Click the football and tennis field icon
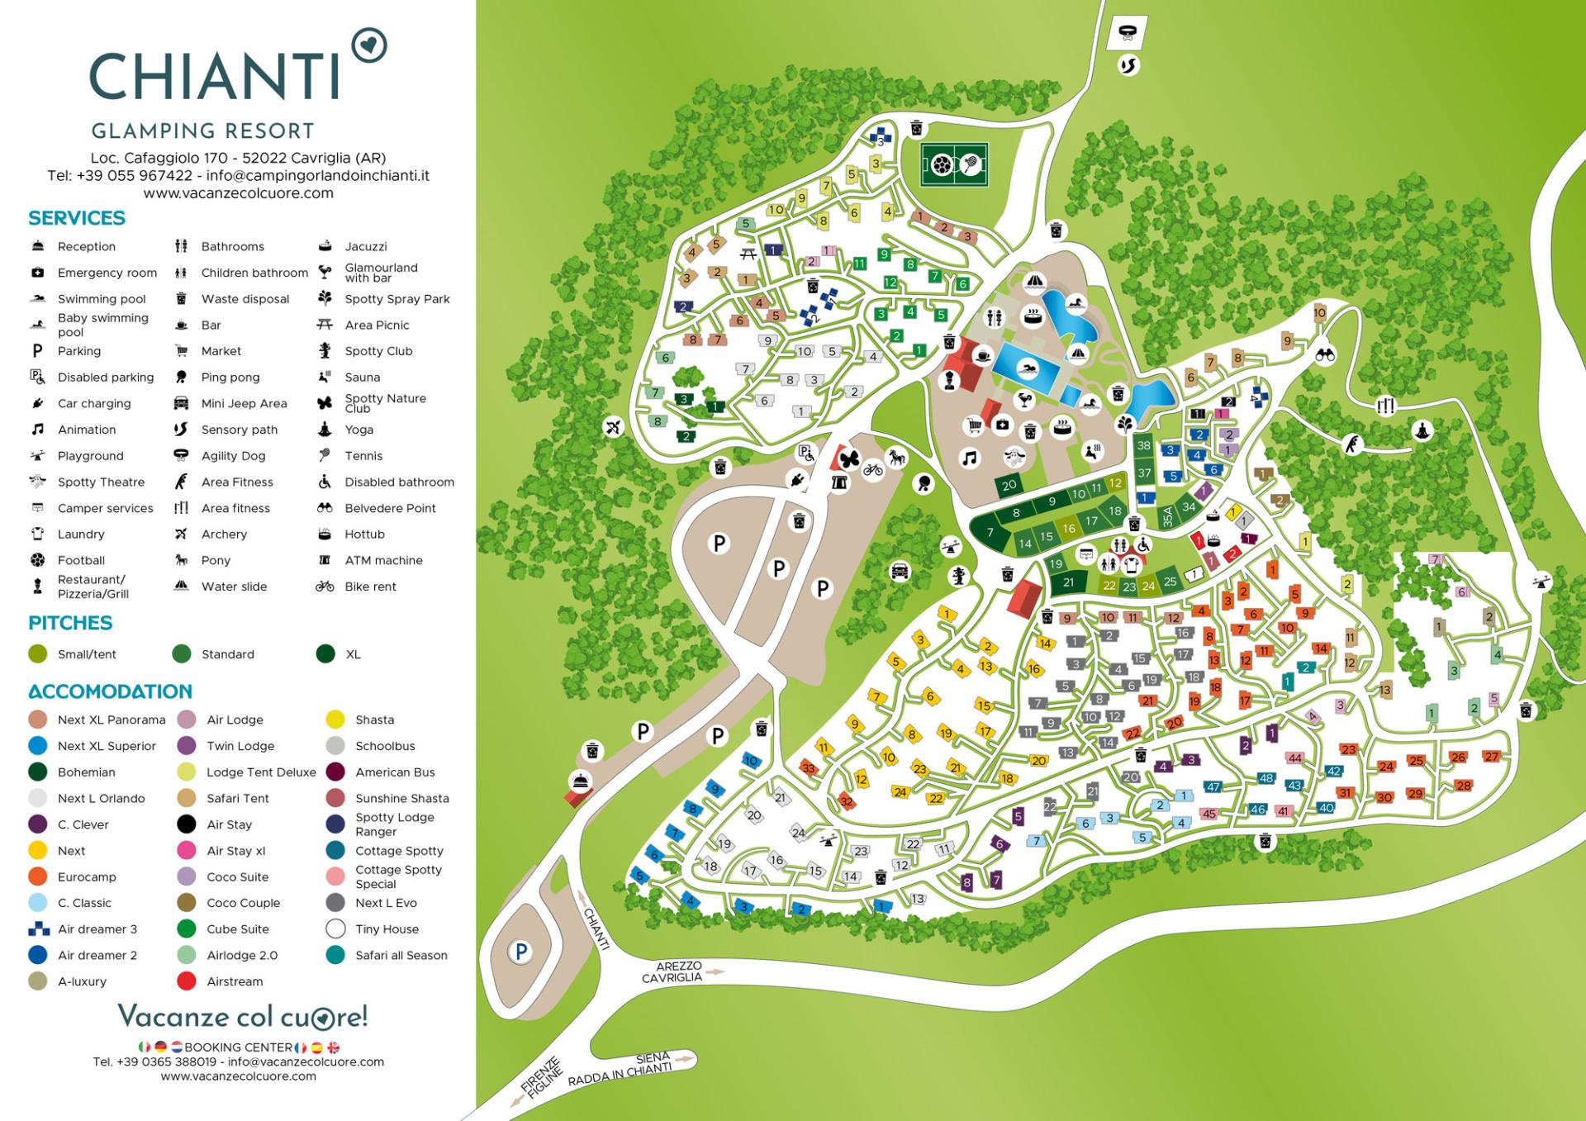(x=955, y=165)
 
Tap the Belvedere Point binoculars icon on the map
(x=1325, y=355)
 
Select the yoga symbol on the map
(x=1422, y=430)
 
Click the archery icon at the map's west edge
(x=613, y=427)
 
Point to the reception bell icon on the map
(x=580, y=781)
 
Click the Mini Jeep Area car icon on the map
(x=900, y=571)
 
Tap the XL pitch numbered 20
(x=1009, y=486)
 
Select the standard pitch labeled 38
(x=1143, y=445)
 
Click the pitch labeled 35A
(x=1168, y=517)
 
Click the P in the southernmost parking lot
(x=520, y=952)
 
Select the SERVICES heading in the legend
(x=77, y=218)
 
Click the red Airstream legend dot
(x=187, y=981)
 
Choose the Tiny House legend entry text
(x=387, y=929)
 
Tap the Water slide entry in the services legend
(x=234, y=587)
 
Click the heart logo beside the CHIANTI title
(x=368, y=45)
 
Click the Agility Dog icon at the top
(x=1128, y=33)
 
